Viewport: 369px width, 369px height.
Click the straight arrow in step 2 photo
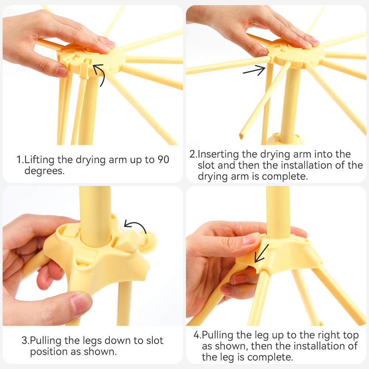click(x=254, y=70)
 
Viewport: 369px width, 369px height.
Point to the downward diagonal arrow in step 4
click(x=262, y=253)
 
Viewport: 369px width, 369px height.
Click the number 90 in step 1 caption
click(x=163, y=159)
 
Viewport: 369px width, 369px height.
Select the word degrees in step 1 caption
click(x=44, y=171)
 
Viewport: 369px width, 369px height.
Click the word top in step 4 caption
click(x=351, y=335)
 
